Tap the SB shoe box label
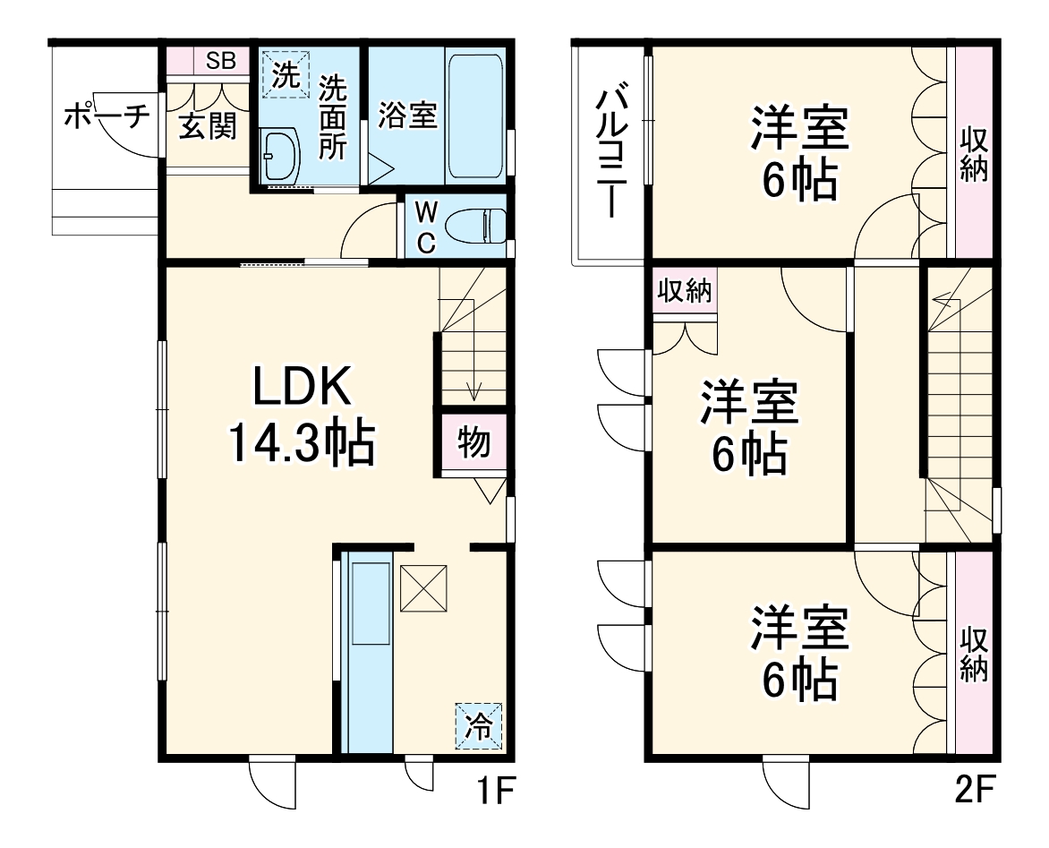coord(221,61)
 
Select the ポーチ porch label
coord(105,117)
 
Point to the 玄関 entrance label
coord(207,127)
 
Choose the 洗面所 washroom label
coord(333,117)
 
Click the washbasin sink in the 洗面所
coord(281,158)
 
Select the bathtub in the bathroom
coord(476,117)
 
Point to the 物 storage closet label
coord(473,441)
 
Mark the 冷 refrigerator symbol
coord(479,724)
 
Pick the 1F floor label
coord(492,792)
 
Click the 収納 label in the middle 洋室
coord(685,292)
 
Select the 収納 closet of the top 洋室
coord(974,152)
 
